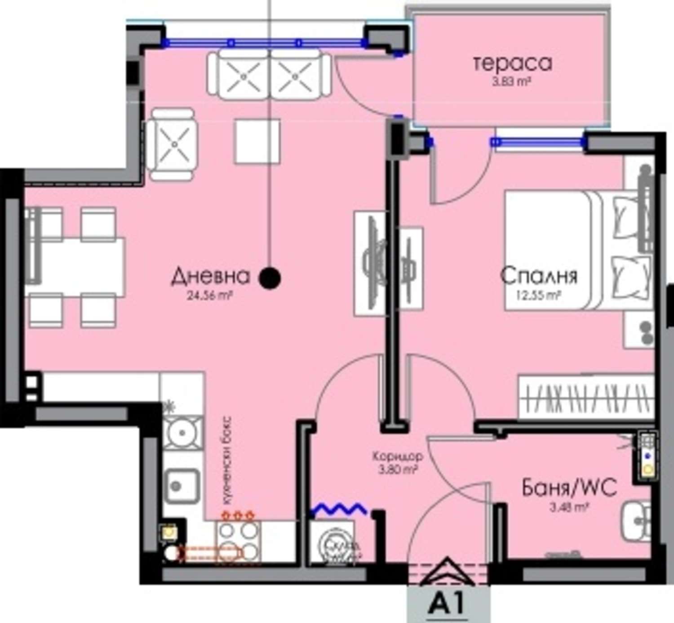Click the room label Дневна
click(210, 276)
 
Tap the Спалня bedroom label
click(539, 276)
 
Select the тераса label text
click(512, 63)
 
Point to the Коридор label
click(397, 457)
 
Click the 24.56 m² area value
click(209, 296)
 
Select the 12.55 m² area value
click(538, 296)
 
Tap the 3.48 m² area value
click(569, 507)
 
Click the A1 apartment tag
click(448, 605)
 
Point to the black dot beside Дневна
click(270, 278)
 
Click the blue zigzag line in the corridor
click(339, 509)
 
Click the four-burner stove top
click(238, 542)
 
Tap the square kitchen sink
click(182, 485)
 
